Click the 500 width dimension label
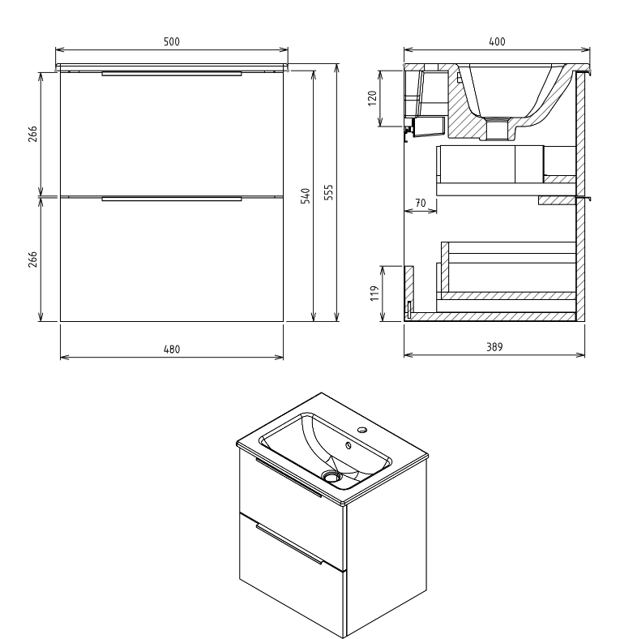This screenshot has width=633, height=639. (x=172, y=41)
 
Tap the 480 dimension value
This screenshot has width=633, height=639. (x=172, y=349)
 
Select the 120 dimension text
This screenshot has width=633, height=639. (x=373, y=98)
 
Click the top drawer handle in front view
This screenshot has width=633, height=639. (x=172, y=74)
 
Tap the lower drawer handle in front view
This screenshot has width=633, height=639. (x=172, y=197)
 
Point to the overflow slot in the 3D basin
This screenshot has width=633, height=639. (x=349, y=444)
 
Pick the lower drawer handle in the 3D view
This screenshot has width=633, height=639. (x=289, y=544)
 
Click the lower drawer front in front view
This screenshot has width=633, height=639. (x=172, y=259)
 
